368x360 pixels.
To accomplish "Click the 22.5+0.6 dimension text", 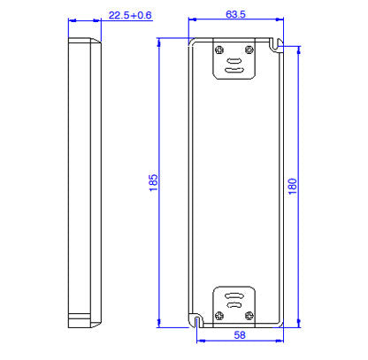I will pyautogui.click(x=130, y=15).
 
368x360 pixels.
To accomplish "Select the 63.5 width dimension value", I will pyautogui.click(x=235, y=15).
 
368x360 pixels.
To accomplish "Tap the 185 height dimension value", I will pyautogui.click(x=153, y=183).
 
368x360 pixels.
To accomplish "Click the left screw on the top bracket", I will pyautogui.click(x=219, y=50).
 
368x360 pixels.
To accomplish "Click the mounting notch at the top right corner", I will pyautogui.click(x=277, y=42).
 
